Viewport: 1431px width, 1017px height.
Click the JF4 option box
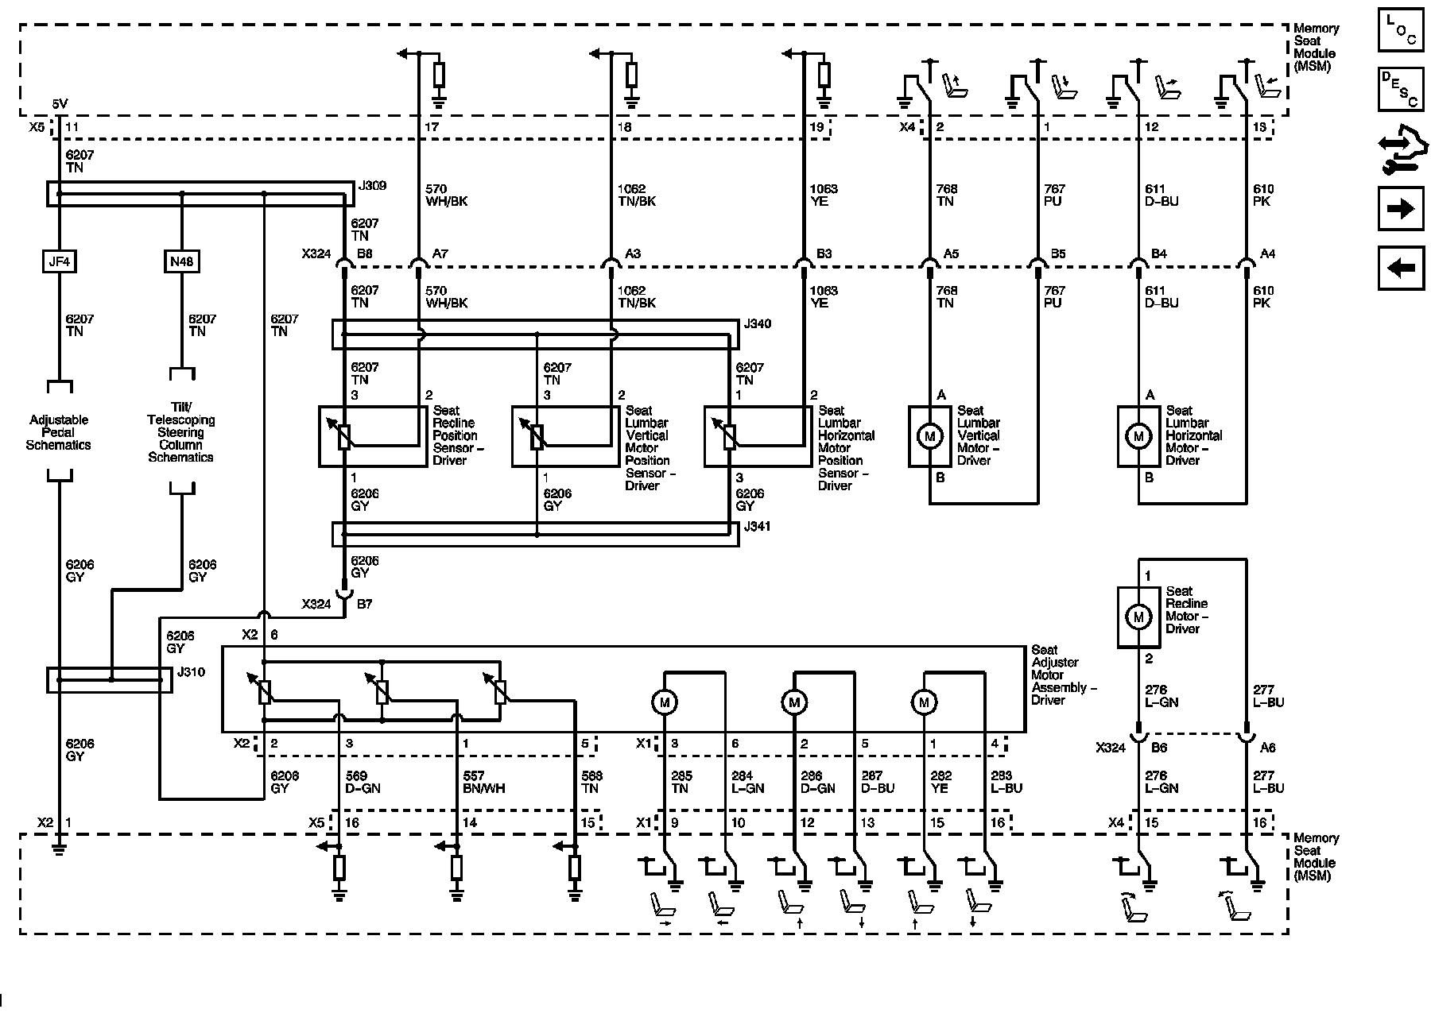pyautogui.click(x=59, y=261)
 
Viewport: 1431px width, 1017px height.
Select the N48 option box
pyautogui.click(x=181, y=261)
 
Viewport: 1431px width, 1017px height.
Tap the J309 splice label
pyautogui.click(x=372, y=186)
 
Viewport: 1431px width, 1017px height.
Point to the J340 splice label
pyautogui.click(x=757, y=324)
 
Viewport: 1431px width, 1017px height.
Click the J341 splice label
pyautogui.click(x=757, y=527)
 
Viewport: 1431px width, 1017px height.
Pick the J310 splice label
pyautogui.click(x=191, y=672)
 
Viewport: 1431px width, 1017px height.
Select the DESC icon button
pyautogui.click(x=1401, y=89)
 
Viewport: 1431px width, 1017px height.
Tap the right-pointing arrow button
pyautogui.click(x=1401, y=209)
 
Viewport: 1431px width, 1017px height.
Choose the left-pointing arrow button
pyautogui.click(x=1401, y=268)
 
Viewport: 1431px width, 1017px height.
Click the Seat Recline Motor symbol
pyautogui.click(x=1138, y=617)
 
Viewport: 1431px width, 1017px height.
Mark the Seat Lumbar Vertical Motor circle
pyautogui.click(x=929, y=435)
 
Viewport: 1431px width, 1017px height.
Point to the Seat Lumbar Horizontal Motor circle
pyautogui.click(x=1138, y=435)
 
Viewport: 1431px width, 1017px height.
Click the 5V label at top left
pyautogui.click(x=60, y=104)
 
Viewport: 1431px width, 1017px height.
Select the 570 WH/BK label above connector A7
pyautogui.click(x=446, y=195)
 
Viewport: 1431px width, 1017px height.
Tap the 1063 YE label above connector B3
pyautogui.click(x=823, y=195)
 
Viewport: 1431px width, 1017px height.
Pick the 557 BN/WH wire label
pyautogui.click(x=483, y=783)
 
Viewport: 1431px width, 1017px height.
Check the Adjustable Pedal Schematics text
pyautogui.click(x=58, y=433)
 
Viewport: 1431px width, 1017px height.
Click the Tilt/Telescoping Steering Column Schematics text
pyautogui.click(x=180, y=439)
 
